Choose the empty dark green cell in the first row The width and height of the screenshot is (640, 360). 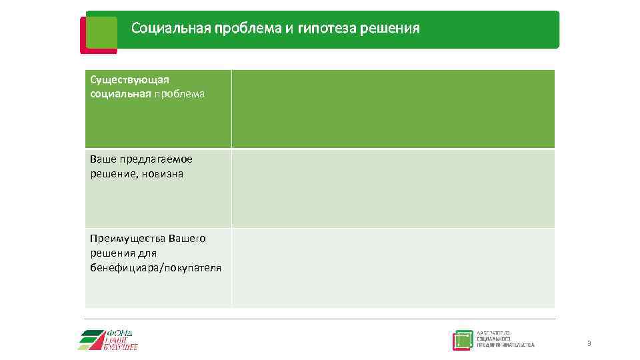click(x=393, y=109)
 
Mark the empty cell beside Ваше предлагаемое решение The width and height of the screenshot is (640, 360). click(x=393, y=189)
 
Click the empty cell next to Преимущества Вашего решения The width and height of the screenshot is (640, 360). click(x=393, y=268)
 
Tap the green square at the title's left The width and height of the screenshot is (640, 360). click(x=101, y=32)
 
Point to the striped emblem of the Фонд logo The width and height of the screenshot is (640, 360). click(x=92, y=340)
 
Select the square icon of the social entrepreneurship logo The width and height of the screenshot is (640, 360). click(x=462, y=340)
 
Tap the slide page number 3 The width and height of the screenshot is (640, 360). click(x=589, y=343)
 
